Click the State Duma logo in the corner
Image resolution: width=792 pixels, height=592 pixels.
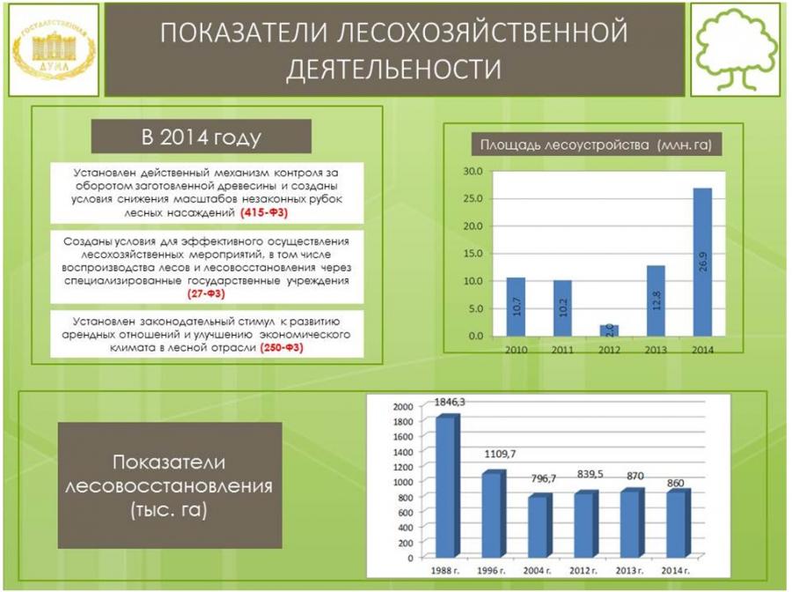click(x=54, y=49)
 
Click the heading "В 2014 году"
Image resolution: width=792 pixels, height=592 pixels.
click(x=201, y=137)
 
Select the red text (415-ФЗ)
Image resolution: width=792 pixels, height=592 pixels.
click(x=264, y=213)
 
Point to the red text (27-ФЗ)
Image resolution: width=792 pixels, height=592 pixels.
click(x=206, y=293)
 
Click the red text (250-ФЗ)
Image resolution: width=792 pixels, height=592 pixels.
click(x=282, y=348)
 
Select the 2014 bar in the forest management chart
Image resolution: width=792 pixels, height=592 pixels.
click(x=702, y=262)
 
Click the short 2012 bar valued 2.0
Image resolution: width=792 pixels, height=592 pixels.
click(x=609, y=330)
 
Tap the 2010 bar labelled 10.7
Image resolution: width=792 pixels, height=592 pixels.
click(x=516, y=307)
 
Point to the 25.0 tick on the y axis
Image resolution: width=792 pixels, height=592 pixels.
click(x=473, y=199)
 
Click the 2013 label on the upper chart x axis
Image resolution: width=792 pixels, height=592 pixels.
click(x=656, y=350)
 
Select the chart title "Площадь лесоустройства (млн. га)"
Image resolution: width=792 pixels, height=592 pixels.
click(x=596, y=145)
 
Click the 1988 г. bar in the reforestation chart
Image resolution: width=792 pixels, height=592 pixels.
click(x=448, y=485)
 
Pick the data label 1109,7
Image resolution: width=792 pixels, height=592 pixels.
click(x=500, y=454)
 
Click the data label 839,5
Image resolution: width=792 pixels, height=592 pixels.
click(x=590, y=474)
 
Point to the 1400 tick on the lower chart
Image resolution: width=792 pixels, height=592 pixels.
click(x=403, y=452)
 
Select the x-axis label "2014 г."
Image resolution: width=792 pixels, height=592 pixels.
click(x=675, y=571)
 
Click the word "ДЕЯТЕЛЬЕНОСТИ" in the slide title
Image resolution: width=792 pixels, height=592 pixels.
click(x=394, y=70)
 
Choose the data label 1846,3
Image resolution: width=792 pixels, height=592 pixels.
click(x=450, y=403)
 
